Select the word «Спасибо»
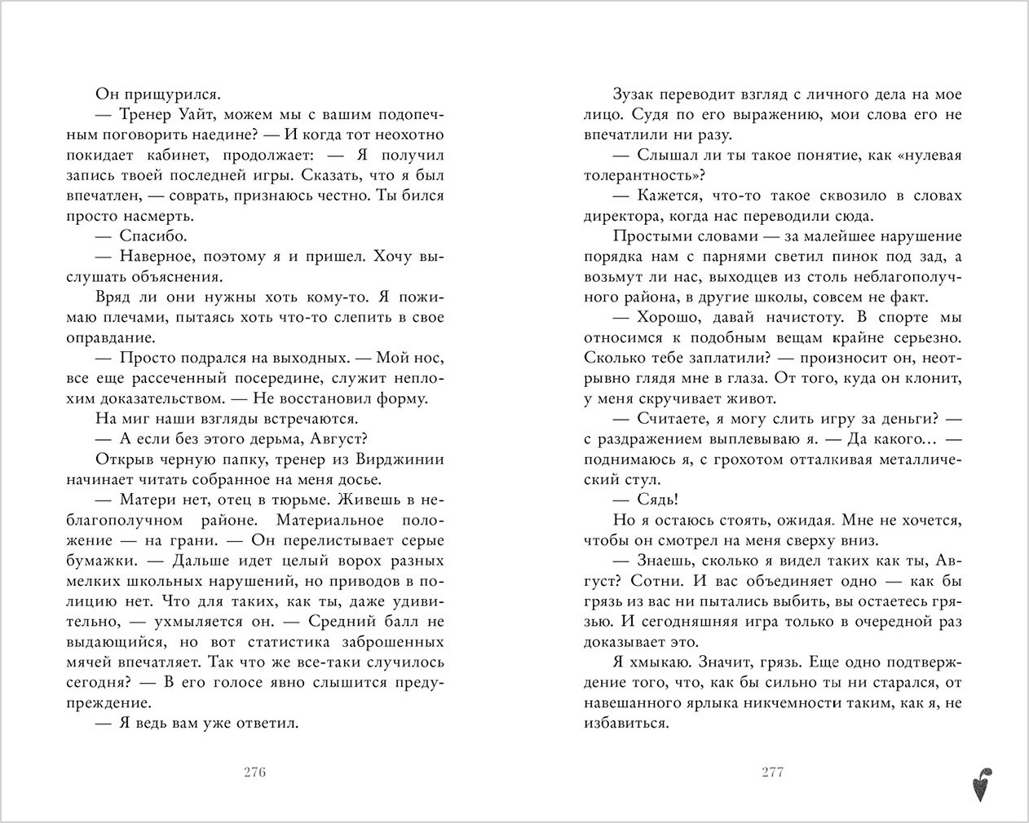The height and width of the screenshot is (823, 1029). (153, 236)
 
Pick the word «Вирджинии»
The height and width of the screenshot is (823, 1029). (401, 460)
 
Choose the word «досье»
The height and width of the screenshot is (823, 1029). (360, 480)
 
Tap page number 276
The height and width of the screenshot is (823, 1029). (255, 772)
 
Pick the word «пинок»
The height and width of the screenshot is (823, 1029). (820, 257)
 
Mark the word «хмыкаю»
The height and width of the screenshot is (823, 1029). (651, 662)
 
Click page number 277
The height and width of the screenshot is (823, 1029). (771, 772)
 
